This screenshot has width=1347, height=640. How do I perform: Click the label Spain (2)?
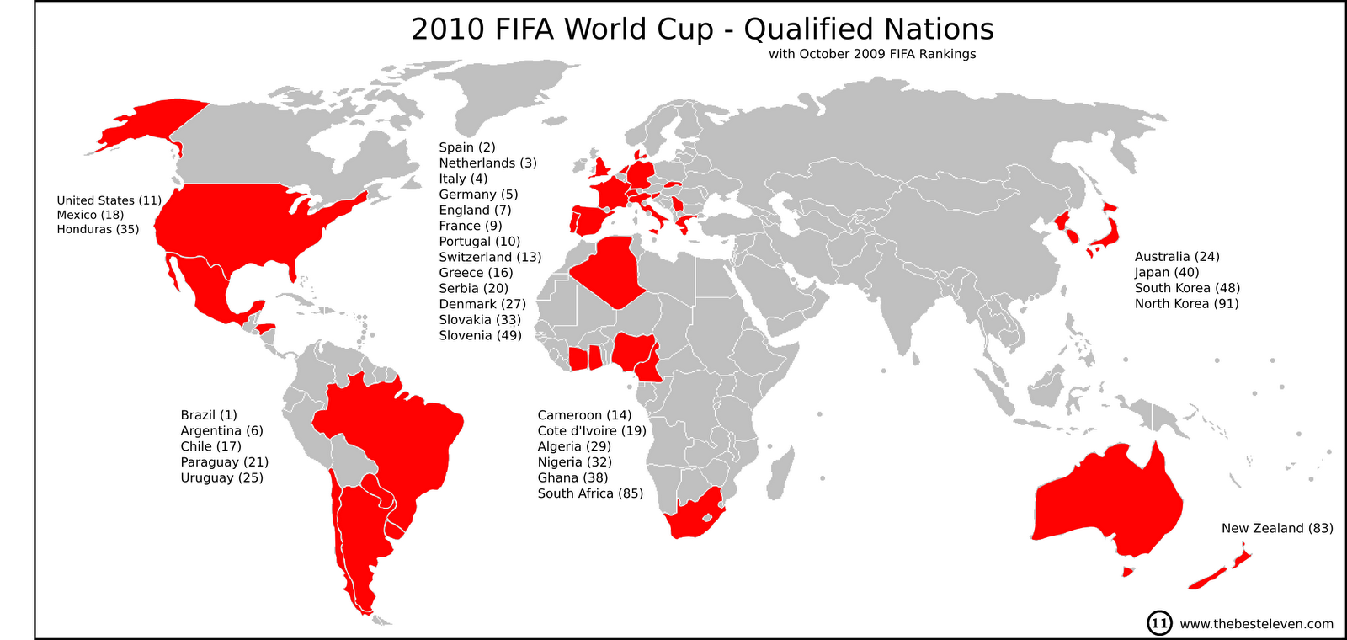pyautogui.click(x=467, y=147)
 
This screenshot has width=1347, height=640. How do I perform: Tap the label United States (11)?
pyautogui.click(x=109, y=200)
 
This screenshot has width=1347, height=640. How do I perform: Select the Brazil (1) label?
pyautogui.click(x=209, y=415)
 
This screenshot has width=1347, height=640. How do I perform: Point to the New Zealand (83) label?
pyautogui.click(x=1277, y=528)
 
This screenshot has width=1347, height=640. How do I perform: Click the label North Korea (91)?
pyautogui.click(x=1186, y=304)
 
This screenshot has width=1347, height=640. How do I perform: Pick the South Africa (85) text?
pyautogui.click(x=590, y=493)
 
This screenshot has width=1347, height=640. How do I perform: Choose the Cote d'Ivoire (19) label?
pyautogui.click(x=592, y=431)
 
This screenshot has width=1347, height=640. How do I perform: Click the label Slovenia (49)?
pyautogui.click(x=480, y=335)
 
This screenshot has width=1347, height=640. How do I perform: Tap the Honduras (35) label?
pyautogui.click(x=98, y=229)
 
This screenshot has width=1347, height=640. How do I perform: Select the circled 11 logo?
pyautogui.click(x=1159, y=623)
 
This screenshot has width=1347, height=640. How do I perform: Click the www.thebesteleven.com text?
pyautogui.click(x=1256, y=624)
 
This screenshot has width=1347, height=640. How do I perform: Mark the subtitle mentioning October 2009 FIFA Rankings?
pyautogui.click(x=872, y=54)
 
